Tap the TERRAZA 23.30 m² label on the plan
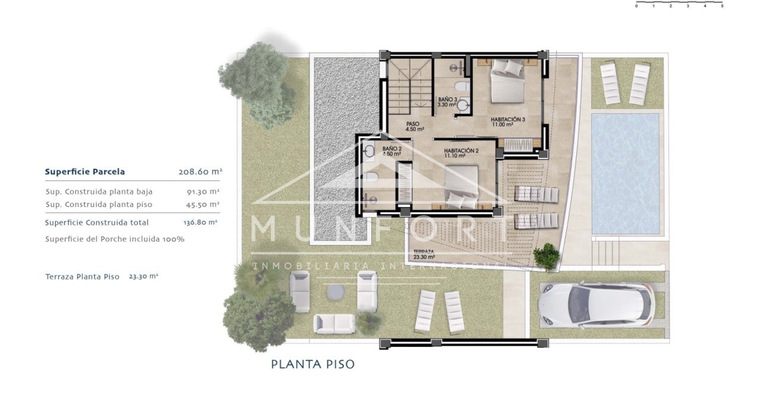(423, 254)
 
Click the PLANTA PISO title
(313, 364)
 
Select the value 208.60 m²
(200, 172)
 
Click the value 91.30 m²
(203, 192)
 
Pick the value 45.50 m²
(203, 204)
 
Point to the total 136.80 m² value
(200, 222)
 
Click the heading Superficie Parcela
(85, 172)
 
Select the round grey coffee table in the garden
(336, 291)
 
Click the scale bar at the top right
(679, 5)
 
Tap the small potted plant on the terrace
(546, 256)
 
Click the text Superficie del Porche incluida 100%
(115, 239)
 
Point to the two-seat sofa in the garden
(334, 323)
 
